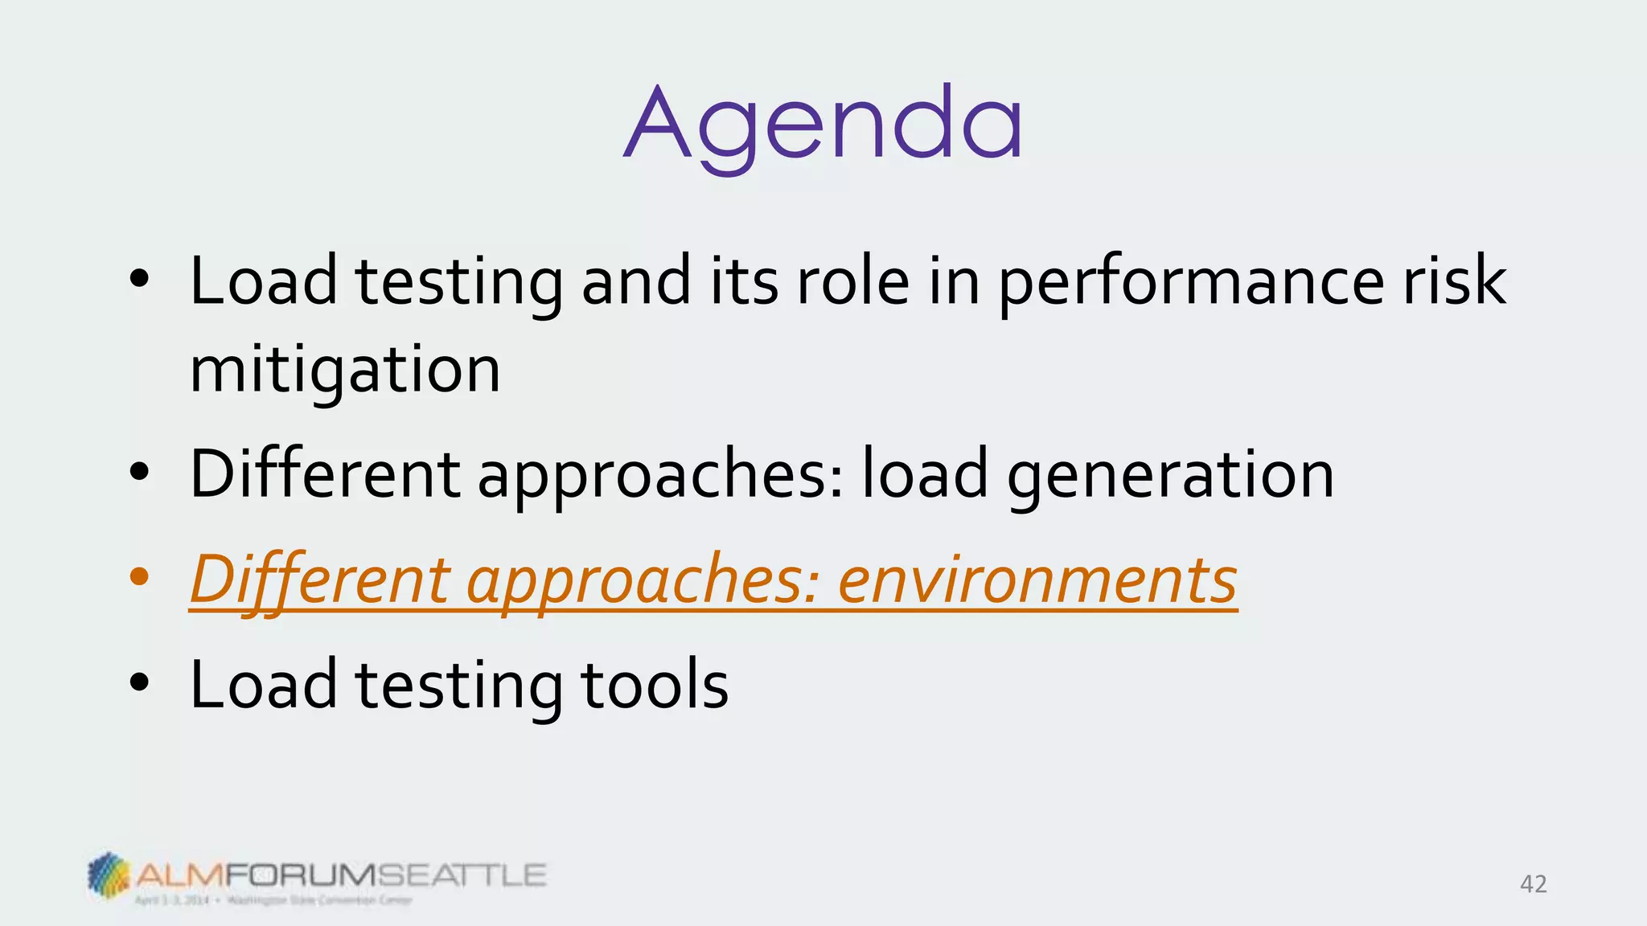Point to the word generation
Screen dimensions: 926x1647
click(1170, 476)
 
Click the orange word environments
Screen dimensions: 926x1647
click(1037, 580)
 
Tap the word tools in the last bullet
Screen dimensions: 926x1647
click(654, 685)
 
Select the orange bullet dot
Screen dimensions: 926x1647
click(139, 576)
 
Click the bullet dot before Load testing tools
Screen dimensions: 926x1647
click(139, 682)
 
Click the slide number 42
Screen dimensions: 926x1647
click(1533, 884)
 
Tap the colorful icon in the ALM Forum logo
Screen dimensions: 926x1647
click(108, 874)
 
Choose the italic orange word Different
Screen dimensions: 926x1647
click(320, 580)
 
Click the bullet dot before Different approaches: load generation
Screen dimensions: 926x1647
click(139, 473)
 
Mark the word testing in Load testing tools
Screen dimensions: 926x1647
click(458, 685)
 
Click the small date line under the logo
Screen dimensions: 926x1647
click(273, 900)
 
